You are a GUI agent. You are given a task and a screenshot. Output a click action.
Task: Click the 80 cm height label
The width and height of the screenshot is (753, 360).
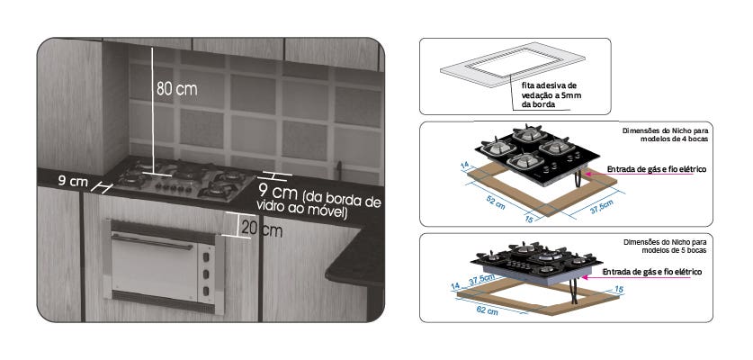pyautogui.click(x=176, y=89)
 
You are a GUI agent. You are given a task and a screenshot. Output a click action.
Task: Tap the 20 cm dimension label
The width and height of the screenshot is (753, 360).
pyautogui.click(x=262, y=229)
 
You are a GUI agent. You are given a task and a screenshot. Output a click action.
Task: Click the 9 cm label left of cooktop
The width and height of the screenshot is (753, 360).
pyautogui.click(x=73, y=181)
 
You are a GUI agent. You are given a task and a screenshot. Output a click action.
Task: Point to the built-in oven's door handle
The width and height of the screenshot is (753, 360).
pyautogui.click(x=152, y=242)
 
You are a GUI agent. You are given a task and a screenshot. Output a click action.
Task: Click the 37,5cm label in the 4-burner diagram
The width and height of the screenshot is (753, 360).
pyautogui.click(x=601, y=207)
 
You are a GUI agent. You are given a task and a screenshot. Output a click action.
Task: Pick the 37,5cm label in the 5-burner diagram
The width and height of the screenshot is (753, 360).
pyautogui.click(x=481, y=280)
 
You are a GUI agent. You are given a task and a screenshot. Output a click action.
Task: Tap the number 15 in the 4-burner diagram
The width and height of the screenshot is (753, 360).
pyautogui.click(x=529, y=220)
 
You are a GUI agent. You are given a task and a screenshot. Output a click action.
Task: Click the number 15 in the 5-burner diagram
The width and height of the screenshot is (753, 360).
pyautogui.click(x=619, y=289)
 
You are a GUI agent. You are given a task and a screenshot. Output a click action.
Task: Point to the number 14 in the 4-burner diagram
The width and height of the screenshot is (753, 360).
pyautogui.click(x=464, y=165)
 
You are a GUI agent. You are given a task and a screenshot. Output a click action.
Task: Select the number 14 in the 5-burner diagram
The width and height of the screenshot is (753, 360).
pyautogui.click(x=456, y=286)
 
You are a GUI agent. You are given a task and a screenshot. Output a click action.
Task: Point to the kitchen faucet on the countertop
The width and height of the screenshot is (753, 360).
pyautogui.click(x=339, y=170)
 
